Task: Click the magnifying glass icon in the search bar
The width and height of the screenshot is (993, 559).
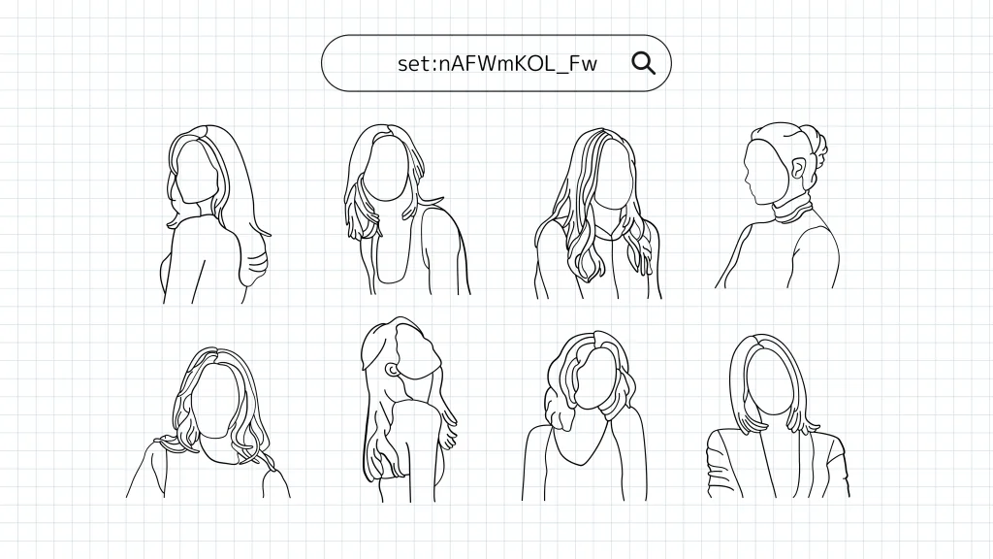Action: tap(644, 63)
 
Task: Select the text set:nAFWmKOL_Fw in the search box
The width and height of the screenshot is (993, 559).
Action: tap(497, 63)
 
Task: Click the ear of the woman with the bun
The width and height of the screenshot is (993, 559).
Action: tap(797, 170)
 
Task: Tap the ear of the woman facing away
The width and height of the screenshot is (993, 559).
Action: tap(393, 370)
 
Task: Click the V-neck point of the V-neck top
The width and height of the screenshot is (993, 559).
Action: tap(582, 465)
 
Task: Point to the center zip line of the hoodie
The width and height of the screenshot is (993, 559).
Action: tap(614, 266)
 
